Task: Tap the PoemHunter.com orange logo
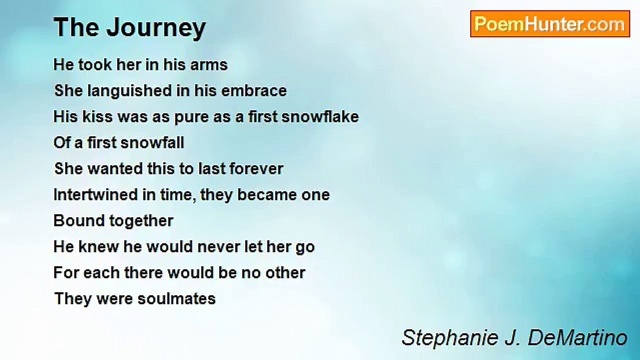tap(550, 24)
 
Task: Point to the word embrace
tap(254, 91)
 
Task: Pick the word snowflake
tap(320, 117)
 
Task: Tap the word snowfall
tap(151, 143)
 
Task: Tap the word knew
tap(98, 247)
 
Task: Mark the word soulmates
tap(176, 299)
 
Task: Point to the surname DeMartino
tap(577, 337)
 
